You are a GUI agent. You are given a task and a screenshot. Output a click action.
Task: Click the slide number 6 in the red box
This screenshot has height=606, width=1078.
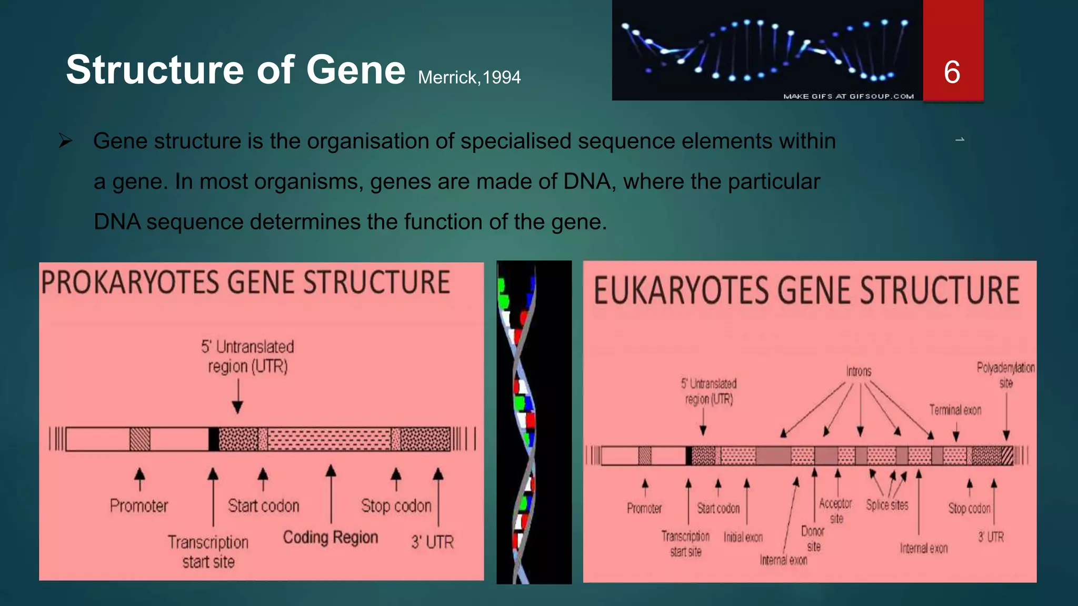(952, 72)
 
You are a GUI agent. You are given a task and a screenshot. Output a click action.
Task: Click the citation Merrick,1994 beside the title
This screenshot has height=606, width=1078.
(469, 78)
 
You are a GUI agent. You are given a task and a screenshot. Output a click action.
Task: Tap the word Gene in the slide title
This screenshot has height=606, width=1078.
(356, 70)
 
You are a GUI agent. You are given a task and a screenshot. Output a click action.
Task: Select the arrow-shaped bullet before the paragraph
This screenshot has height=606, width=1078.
(65, 140)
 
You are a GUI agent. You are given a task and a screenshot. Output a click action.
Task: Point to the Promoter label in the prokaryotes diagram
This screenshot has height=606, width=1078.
(138, 506)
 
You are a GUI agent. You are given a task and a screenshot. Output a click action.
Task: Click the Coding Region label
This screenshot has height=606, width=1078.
(331, 537)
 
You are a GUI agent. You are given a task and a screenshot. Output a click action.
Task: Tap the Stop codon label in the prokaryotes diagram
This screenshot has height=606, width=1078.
(396, 506)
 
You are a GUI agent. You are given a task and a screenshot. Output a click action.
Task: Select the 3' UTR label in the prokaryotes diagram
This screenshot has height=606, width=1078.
(432, 542)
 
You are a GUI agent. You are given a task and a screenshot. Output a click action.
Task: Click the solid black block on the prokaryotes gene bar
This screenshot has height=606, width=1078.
(214, 439)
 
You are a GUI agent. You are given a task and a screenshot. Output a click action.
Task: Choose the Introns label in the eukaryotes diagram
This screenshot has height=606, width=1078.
(859, 371)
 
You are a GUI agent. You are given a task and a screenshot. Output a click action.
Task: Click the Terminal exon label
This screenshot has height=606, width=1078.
(955, 410)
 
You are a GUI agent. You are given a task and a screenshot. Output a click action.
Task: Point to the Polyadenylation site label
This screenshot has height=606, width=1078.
(1005, 375)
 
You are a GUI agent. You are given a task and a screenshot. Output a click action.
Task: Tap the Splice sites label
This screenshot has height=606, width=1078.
(887, 505)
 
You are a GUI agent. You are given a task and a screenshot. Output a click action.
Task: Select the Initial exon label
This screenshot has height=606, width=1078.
(743, 537)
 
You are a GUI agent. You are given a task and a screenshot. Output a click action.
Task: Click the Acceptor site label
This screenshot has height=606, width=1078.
(835, 510)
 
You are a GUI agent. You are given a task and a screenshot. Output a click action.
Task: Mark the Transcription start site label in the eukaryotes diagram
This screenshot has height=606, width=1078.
(685, 543)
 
